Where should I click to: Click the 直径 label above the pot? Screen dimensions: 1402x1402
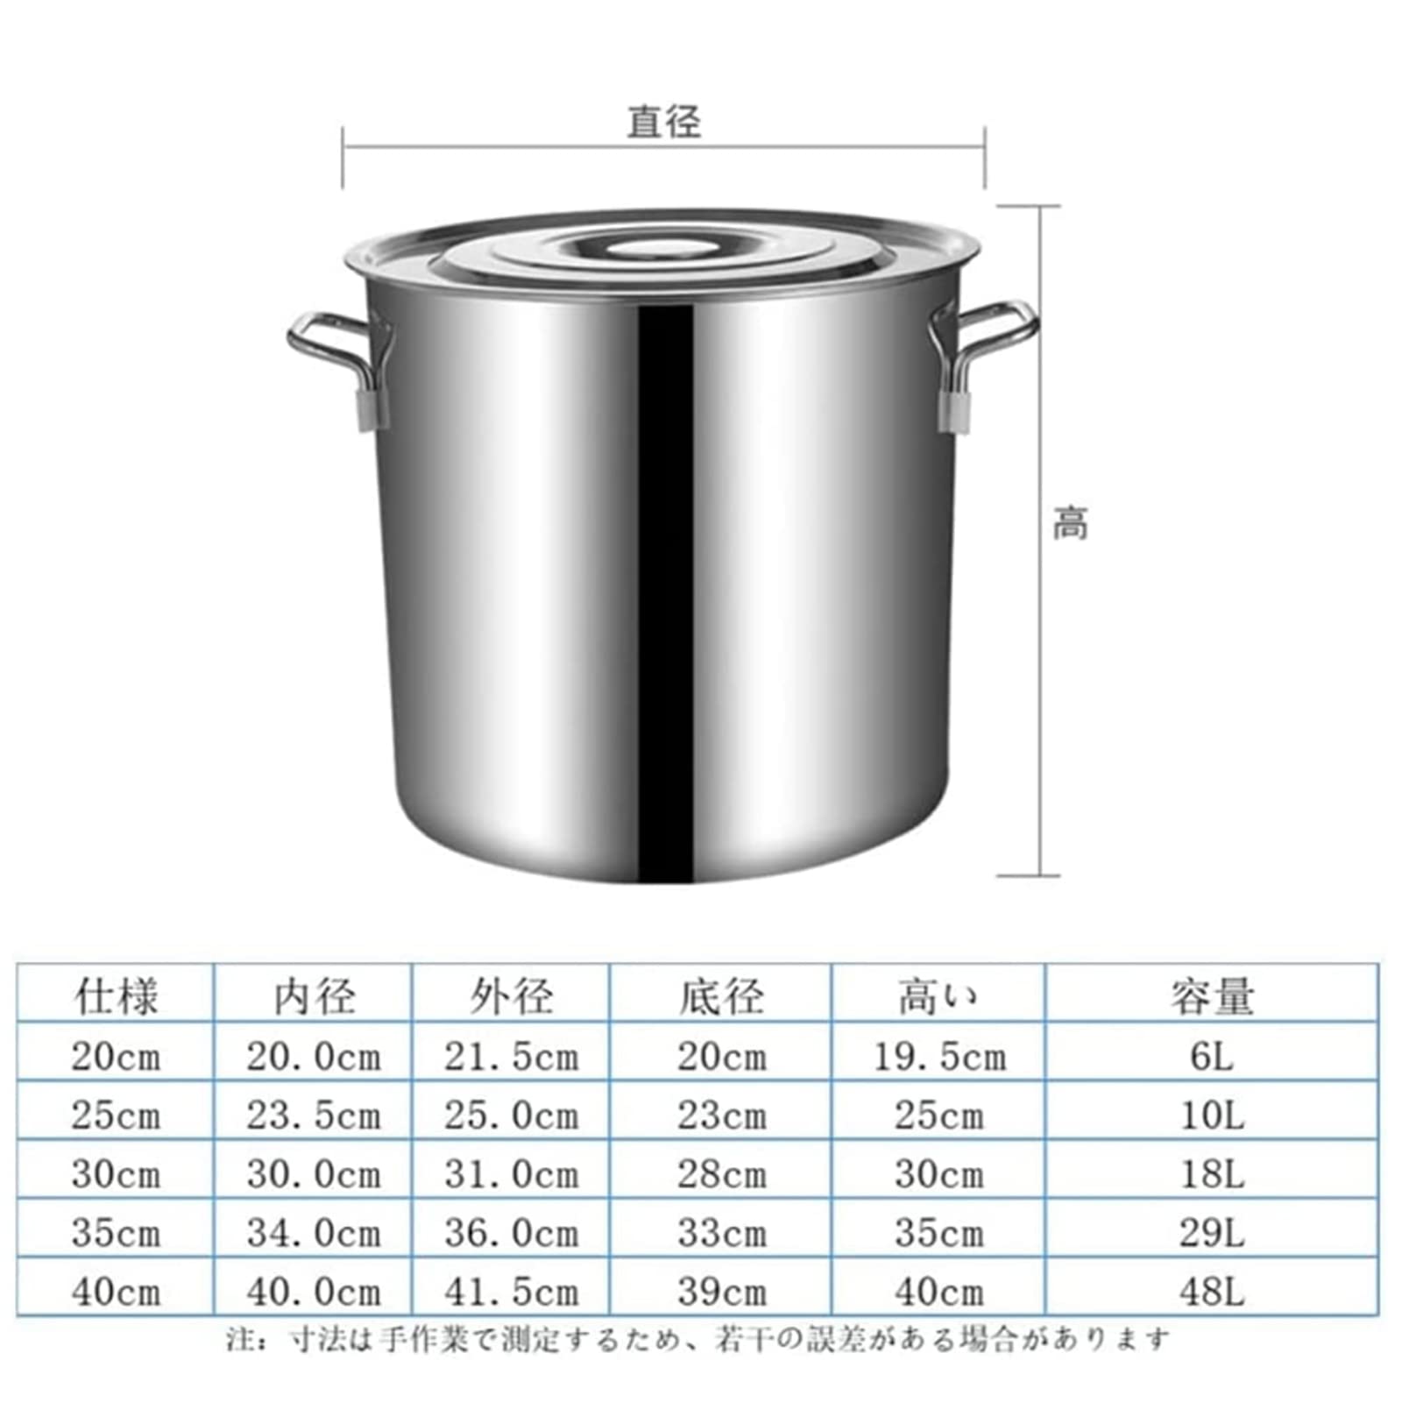[x=663, y=122]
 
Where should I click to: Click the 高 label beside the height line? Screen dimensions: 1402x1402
[x=1070, y=523]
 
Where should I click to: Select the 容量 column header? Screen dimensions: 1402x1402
[x=1212, y=996]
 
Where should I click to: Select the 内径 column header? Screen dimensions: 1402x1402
[x=314, y=996]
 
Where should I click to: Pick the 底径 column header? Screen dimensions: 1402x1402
[x=721, y=996]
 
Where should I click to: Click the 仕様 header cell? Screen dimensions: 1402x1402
[x=116, y=996]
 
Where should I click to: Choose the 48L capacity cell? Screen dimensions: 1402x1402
[x=1212, y=1292]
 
